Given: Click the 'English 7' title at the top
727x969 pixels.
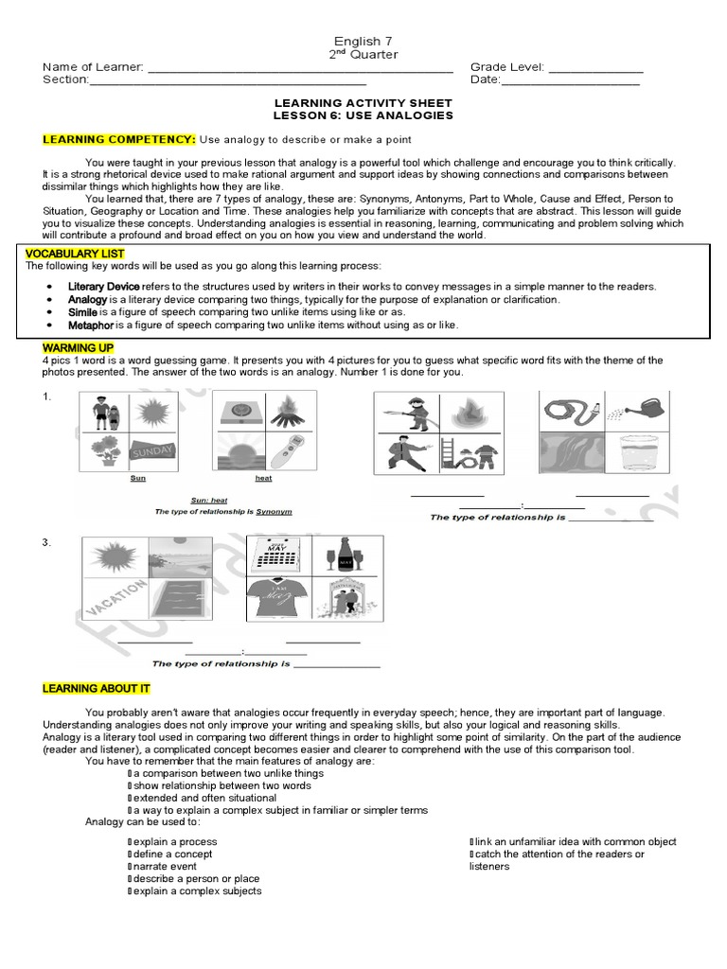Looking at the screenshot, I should click(x=363, y=41).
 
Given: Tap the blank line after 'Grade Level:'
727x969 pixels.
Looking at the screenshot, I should click(x=595, y=69).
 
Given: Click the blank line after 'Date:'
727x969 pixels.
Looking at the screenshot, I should click(x=570, y=81).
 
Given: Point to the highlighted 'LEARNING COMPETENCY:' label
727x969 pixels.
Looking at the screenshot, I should click(x=118, y=140).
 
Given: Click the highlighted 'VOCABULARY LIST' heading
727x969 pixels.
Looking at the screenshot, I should click(x=71, y=255).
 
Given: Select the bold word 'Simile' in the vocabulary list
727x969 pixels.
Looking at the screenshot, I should click(x=82, y=311).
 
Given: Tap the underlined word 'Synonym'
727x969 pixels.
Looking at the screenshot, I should click(x=274, y=511).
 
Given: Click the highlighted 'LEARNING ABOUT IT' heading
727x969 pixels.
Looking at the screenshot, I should click(x=96, y=689).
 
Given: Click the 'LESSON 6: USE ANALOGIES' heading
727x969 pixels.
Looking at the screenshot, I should click(x=363, y=115).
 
